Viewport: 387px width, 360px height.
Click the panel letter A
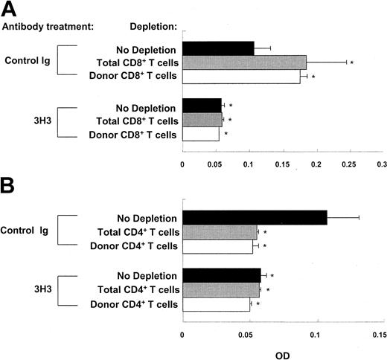(11, 10)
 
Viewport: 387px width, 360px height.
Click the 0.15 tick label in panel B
(378, 335)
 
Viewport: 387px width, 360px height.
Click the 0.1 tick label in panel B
(316, 335)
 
